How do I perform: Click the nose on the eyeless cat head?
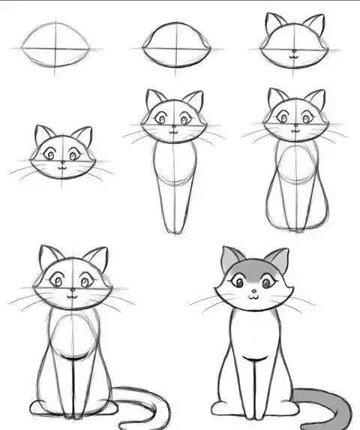click(294, 53)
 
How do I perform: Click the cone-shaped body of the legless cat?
click(175, 184)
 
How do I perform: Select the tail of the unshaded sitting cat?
click(142, 405)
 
